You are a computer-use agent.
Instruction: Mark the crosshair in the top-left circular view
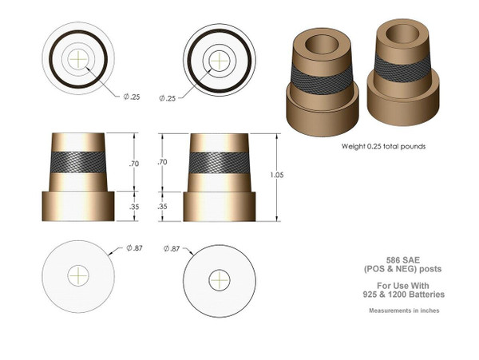click(78, 58)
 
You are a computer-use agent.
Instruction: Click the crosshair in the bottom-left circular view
click(78, 275)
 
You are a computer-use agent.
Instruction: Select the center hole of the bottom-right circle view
click(220, 280)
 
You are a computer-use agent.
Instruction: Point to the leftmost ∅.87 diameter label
click(137, 250)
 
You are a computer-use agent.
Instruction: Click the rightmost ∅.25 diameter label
click(168, 97)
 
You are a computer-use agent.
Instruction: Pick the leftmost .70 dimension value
click(134, 164)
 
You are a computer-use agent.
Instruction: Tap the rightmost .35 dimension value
click(162, 206)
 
